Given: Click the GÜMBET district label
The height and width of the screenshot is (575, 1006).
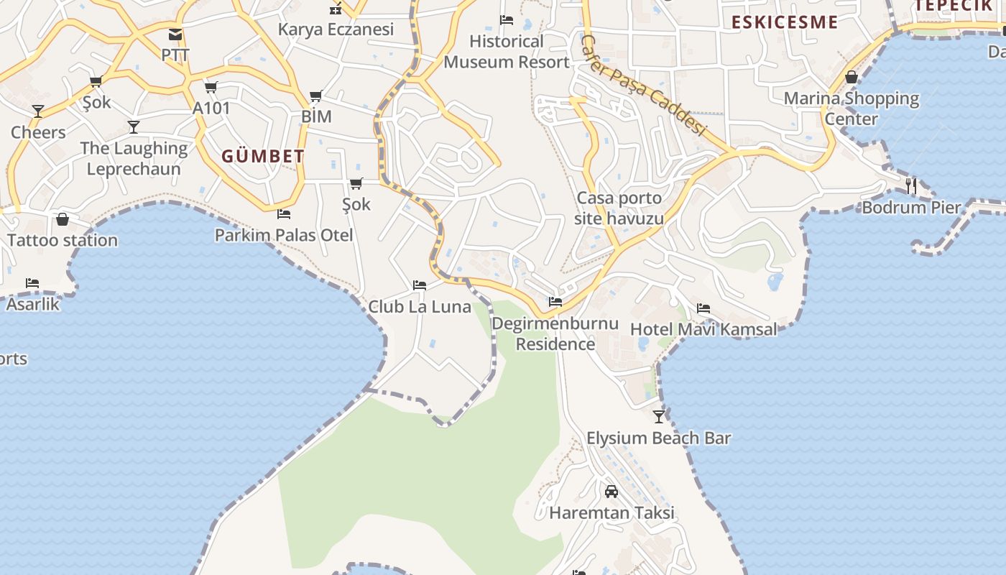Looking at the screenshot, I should pos(263,156).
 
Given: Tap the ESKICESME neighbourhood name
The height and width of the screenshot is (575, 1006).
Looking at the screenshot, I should pos(785,22).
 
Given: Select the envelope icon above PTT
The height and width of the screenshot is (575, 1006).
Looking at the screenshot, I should pos(175,34).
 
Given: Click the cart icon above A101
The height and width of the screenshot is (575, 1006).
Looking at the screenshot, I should pos(211,88).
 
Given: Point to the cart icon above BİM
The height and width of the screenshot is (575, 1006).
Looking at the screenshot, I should pos(315,96).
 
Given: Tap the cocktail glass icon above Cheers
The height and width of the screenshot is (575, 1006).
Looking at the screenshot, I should pos(38,111).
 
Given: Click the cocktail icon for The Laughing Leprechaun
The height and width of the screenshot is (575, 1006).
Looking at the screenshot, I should pos(134,127).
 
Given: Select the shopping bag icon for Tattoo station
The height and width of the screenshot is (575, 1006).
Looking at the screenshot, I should pos(63,219).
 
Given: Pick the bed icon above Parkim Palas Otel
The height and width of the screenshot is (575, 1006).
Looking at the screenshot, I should pos(284,214).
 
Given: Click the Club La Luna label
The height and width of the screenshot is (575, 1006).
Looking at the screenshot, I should pos(420,307).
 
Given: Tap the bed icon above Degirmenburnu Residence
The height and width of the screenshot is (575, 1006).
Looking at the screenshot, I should pos(555,302).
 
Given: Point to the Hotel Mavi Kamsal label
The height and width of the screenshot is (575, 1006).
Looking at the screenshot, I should pos(703,329).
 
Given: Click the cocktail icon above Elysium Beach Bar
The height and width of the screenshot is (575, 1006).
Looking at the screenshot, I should pos(659,416).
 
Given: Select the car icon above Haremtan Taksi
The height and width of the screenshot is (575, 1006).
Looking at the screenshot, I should pos(612,492).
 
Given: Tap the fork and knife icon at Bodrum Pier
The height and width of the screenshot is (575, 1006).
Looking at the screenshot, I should pos(911,185).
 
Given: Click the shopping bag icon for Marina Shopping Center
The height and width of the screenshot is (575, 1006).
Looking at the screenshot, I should pos(852,77).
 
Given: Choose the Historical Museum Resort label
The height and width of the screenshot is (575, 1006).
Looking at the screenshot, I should pos(507,52).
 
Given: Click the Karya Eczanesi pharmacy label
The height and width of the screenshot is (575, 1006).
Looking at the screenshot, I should pos(336,29).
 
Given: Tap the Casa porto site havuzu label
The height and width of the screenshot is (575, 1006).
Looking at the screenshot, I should pos(619,208).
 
